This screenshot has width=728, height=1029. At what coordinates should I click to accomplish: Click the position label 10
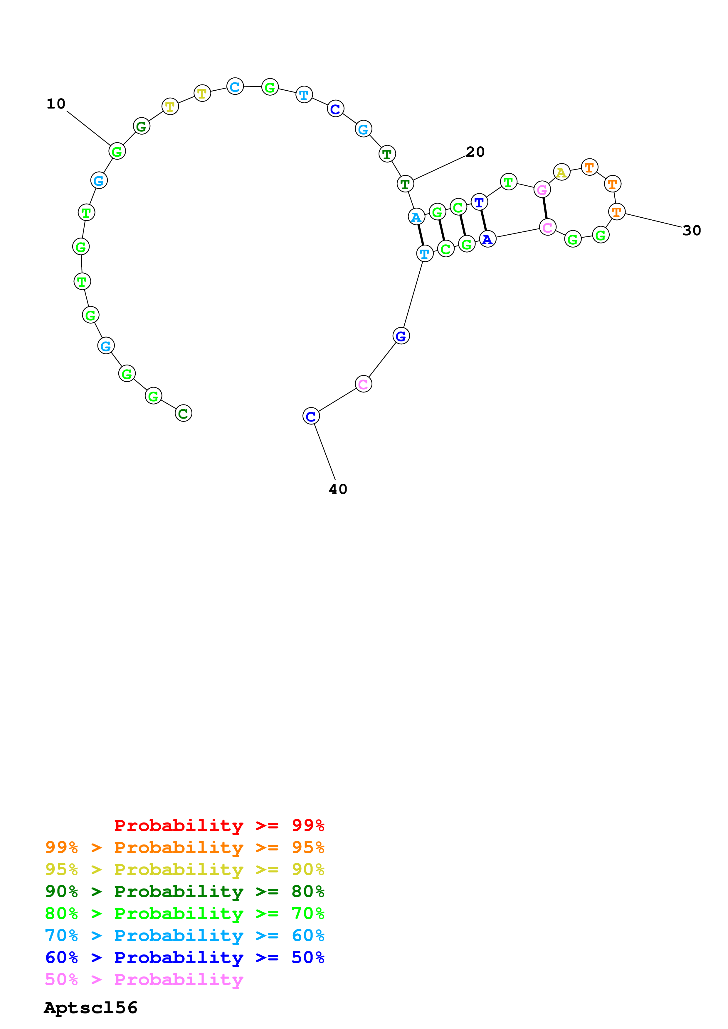tap(56, 104)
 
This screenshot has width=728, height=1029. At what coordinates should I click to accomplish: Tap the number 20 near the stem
tap(475, 152)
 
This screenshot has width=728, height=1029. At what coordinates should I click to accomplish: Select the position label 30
tap(691, 230)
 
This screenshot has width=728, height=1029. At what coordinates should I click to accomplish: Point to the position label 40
tap(338, 489)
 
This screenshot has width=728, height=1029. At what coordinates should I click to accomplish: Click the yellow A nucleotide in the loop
tap(561, 172)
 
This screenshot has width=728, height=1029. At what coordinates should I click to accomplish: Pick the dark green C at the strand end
tap(183, 413)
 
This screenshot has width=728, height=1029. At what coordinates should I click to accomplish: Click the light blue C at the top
tap(235, 87)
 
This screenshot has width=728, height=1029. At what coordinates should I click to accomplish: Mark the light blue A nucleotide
tap(416, 217)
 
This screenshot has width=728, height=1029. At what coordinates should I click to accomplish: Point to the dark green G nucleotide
tap(141, 126)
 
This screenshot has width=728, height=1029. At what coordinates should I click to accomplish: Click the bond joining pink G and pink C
tap(545, 208)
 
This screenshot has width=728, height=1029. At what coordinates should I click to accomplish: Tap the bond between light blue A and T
tap(420, 235)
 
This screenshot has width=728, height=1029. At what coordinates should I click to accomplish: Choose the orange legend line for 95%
tap(184, 847)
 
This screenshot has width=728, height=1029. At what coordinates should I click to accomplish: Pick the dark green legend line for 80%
tap(184, 891)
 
